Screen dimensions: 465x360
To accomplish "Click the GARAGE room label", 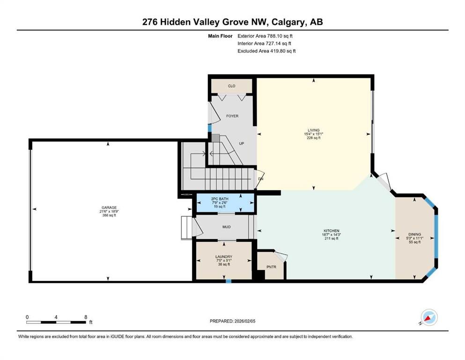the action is (x=109, y=208).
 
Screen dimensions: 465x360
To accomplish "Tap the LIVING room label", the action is (x=313, y=130).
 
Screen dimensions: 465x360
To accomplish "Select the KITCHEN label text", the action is (x=331, y=231).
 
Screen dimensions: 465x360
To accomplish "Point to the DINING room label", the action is (x=414, y=234).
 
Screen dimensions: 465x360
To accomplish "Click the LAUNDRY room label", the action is (x=224, y=257).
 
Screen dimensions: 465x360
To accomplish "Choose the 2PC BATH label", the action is (x=220, y=199).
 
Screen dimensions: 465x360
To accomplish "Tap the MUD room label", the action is (x=227, y=227).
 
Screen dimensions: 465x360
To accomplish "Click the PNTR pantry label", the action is (x=271, y=267).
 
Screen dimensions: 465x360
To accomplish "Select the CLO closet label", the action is (x=232, y=86).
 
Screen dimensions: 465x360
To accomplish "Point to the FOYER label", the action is (x=232, y=116).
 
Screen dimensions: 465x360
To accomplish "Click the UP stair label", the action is (x=241, y=143).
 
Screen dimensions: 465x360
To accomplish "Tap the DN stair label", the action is (x=261, y=179).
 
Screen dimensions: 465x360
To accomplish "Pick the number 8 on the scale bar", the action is (x=86, y=317).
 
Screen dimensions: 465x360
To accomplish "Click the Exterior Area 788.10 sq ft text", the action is (x=265, y=36).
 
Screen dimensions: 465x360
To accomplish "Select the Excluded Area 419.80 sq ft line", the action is (x=266, y=51).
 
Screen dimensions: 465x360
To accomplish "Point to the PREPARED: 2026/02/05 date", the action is (x=232, y=321).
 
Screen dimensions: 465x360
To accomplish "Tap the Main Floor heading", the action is (x=220, y=36).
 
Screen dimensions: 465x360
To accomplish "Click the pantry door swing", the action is (x=281, y=256).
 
